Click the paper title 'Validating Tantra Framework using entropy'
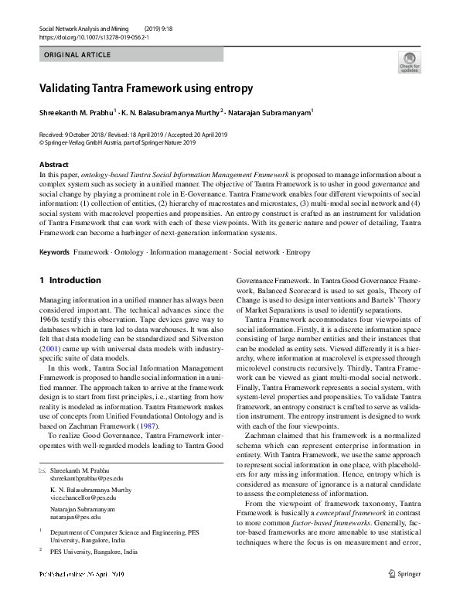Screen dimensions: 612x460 point(146,88)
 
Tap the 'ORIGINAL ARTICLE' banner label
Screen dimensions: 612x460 point(77,56)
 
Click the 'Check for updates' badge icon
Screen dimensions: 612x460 point(409,61)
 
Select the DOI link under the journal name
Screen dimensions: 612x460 point(83,37)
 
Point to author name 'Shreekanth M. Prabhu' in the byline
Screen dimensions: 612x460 point(76,113)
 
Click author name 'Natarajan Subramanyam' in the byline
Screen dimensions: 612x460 point(270,113)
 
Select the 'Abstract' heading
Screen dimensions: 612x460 point(53,165)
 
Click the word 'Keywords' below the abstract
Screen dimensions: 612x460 point(54,253)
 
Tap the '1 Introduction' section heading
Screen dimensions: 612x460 point(70,280)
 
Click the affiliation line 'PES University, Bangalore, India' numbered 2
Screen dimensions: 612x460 point(94,552)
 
